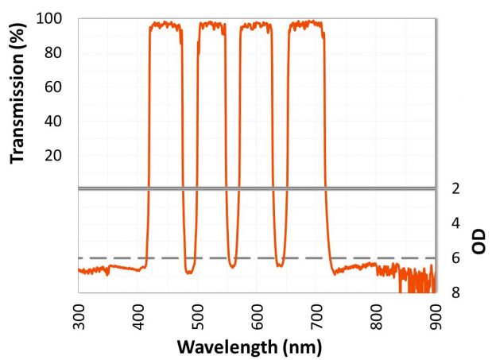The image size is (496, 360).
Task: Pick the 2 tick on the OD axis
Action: tap(455, 189)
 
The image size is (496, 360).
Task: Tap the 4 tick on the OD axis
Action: tap(455, 223)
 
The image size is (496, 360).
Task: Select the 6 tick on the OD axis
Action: tap(455, 258)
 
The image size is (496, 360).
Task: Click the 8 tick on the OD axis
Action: tap(455, 292)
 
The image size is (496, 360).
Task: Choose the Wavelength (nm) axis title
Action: tap(249, 347)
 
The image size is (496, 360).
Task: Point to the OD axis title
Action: tap(479, 241)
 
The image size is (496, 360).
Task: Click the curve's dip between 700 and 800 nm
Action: tap(335, 273)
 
